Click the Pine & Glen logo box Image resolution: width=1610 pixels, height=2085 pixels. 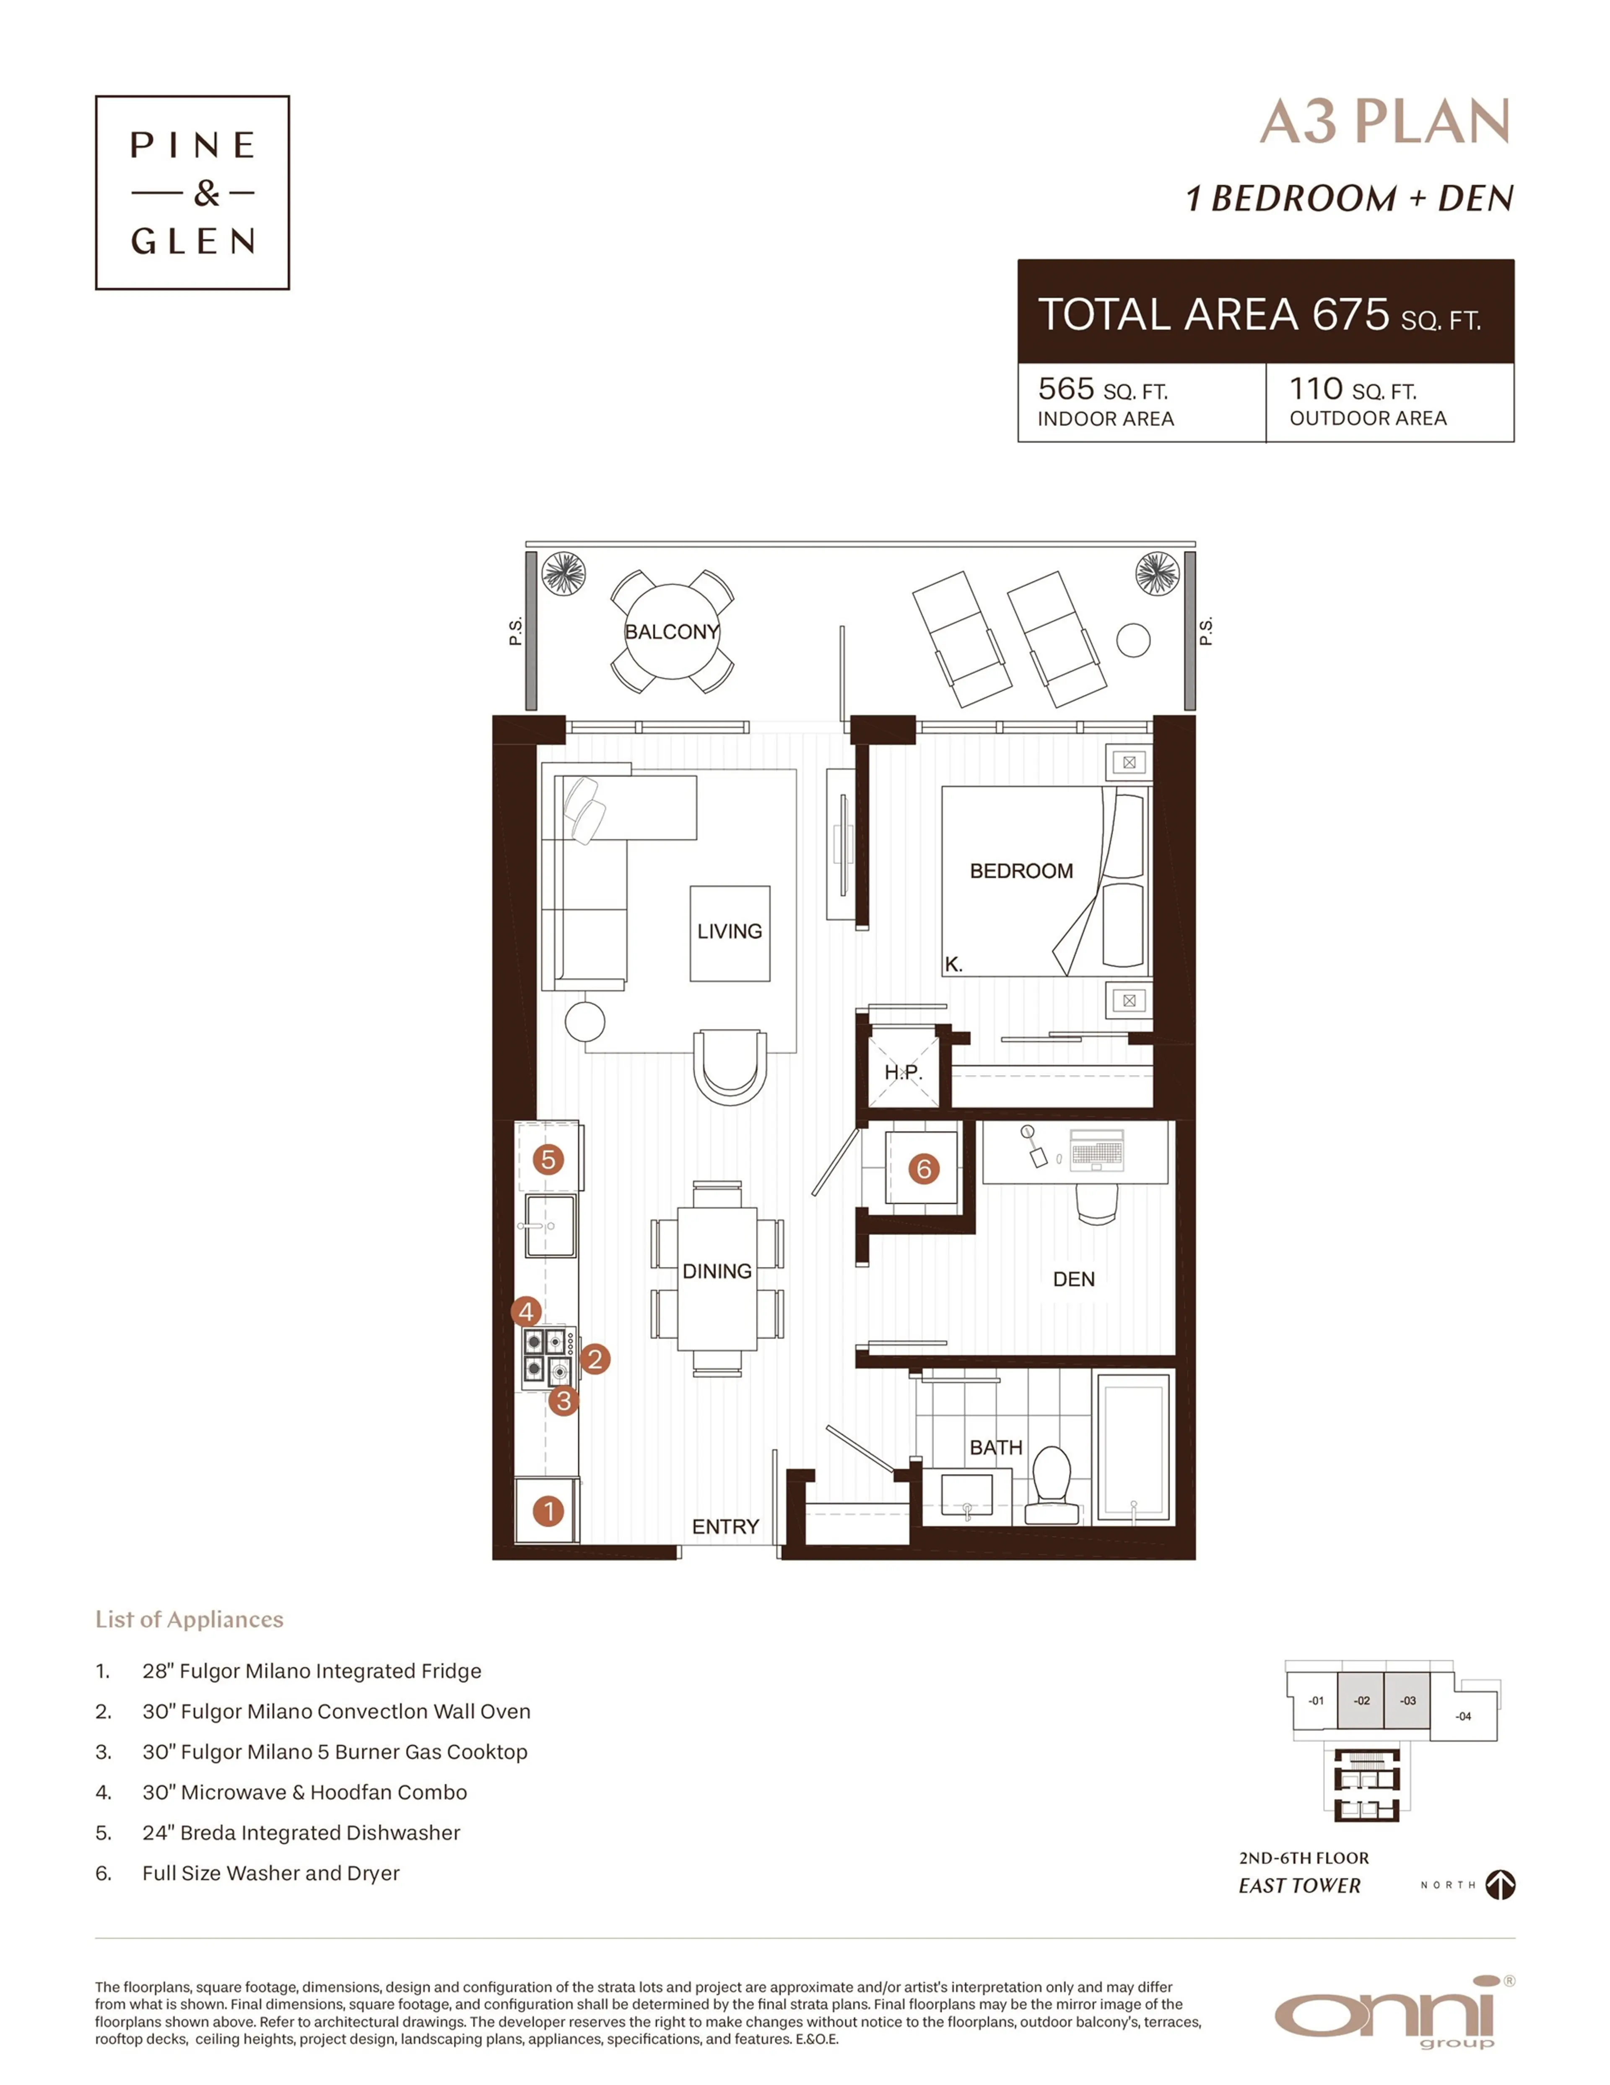(192, 192)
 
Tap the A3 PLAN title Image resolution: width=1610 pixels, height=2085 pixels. (1384, 122)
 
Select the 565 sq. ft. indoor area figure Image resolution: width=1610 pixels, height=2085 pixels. (1102, 389)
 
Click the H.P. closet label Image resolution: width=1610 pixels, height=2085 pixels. (903, 1072)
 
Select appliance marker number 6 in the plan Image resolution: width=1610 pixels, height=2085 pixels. (923, 1168)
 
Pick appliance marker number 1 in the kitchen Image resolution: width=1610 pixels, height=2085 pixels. (548, 1511)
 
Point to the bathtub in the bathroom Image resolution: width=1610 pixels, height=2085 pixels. (1134, 1447)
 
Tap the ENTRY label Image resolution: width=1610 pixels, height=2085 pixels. (725, 1527)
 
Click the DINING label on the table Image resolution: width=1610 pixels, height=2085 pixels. (717, 1271)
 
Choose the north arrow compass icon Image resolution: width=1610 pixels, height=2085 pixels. (1500, 1884)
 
